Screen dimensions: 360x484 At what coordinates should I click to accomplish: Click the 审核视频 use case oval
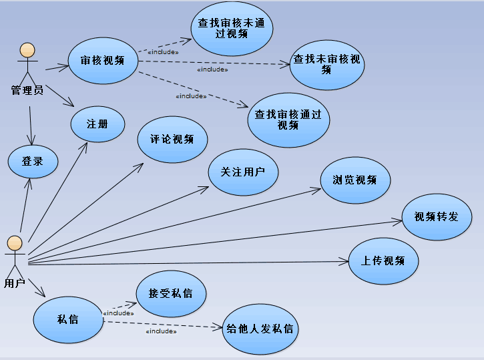[x=103, y=60]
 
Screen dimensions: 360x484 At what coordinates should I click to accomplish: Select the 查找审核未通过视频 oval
[x=232, y=28]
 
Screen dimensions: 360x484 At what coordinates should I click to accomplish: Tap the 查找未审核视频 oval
[x=326, y=63]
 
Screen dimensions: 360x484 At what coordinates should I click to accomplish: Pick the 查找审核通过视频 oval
[x=288, y=120]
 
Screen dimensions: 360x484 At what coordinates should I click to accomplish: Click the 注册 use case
[x=97, y=124]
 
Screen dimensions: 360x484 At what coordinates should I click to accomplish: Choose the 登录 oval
[x=33, y=161]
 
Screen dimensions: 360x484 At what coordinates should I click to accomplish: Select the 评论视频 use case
[x=173, y=139]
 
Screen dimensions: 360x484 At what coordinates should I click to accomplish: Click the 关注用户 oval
[x=243, y=172]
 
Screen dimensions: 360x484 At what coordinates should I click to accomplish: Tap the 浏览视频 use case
[x=355, y=180]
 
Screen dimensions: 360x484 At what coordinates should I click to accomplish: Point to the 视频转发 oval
[x=437, y=217]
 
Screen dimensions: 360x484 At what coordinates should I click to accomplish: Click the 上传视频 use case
[x=383, y=260]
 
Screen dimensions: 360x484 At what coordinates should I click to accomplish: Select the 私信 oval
[x=68, y=319]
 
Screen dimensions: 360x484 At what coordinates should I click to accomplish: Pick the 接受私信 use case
[x=171, y=293]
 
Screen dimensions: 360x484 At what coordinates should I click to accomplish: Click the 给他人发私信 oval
[x=260, y=329]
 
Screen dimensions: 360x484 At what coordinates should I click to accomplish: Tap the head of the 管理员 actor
[x=27, y=50]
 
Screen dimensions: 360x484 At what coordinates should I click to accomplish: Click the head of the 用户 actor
[x=15, y=242]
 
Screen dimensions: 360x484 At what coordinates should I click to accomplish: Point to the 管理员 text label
[x=27, y=90]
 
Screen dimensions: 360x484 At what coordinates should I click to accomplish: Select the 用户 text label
[x=15, y=283]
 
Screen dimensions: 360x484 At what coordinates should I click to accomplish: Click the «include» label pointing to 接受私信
[x=118, y=313]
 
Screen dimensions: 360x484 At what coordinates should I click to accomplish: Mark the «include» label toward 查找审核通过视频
[x=190, y=96]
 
